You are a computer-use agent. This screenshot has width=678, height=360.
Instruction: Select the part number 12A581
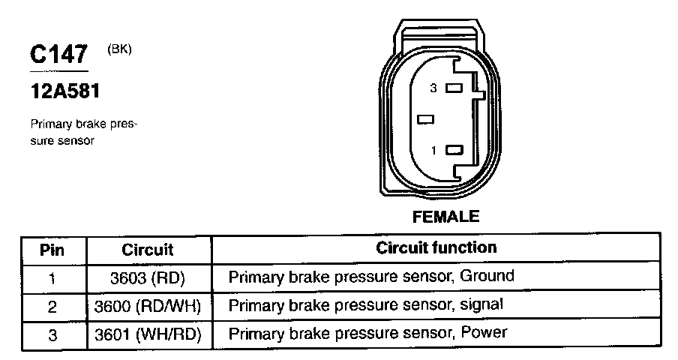coord(64,92)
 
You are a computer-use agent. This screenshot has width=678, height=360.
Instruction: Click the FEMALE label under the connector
coord(445,217)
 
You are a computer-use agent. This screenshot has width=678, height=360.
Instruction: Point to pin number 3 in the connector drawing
coord(433,88)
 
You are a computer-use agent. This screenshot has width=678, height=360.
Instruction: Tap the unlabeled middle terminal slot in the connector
coord(427,119)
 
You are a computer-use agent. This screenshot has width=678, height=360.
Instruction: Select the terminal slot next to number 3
coord(453,88)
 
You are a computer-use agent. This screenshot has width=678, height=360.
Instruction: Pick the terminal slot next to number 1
coord(453,150)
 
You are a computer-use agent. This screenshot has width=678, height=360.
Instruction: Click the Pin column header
coord(52,249)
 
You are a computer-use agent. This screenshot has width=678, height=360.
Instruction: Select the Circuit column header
coord(148,249)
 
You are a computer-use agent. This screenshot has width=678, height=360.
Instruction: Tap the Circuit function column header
coord(436,247)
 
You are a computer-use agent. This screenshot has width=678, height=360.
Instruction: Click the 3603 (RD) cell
coord(148,277)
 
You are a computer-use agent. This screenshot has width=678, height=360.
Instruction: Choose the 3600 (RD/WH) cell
coord(148,305)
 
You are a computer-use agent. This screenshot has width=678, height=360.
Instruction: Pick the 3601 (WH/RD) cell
coord(148,333)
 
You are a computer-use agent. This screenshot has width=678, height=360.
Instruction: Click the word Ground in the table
coord(487,276)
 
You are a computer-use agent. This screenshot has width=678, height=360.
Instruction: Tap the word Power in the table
coord(483,332)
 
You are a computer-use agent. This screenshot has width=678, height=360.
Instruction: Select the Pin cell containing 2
coord(52,305)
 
